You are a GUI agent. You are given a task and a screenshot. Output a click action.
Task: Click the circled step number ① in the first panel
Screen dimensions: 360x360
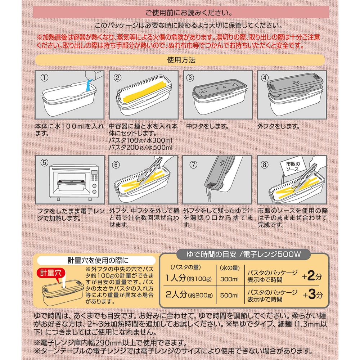pyautogui.click(x=44, y=78)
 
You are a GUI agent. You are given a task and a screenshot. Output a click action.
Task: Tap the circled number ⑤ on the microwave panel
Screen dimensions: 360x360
pyautogui.click(x=44, y=163)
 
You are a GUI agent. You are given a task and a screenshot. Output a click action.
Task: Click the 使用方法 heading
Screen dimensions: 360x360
pyautogui.click(x=181, y=60)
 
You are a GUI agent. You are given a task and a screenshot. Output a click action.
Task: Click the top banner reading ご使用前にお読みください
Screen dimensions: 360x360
pyautogui.click(x=181, y=12)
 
